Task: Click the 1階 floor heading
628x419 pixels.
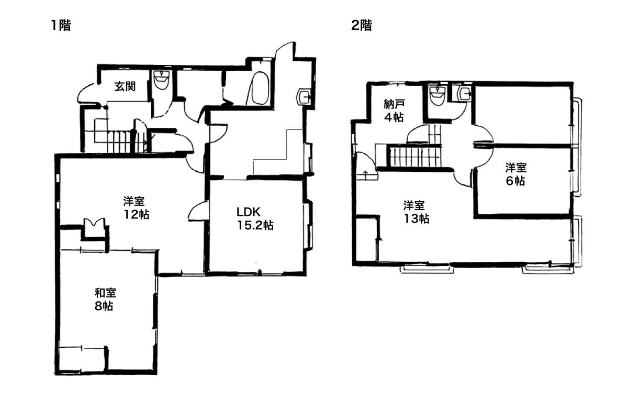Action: click(x=61, y=26)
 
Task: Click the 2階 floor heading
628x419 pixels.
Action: click(x=362, y=26)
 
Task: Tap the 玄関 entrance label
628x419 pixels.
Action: click(x=125, y=86)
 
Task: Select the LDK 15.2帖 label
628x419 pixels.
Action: click(x=255, y=219)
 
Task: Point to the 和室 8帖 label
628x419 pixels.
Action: click(x=105, y=300)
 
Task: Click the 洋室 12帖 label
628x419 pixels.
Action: click(x=137, y=208)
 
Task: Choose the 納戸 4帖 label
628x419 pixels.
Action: click(x=394, y=111)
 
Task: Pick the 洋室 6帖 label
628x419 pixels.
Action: click(x=516, y=174)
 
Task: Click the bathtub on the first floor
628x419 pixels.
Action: click(x=258, y=89)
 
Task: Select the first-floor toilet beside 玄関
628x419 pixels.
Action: click(x=161, y=80)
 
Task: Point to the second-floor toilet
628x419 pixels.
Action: click(x=438, y=95)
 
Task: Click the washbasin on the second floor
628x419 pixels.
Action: click(x=464, y=94)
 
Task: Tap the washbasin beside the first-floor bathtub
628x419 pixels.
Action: click(x=305, y=96)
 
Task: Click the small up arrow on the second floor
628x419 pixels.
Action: click(x=365, y=173)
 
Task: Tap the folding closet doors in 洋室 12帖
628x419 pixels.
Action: click(x=95, y=224)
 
